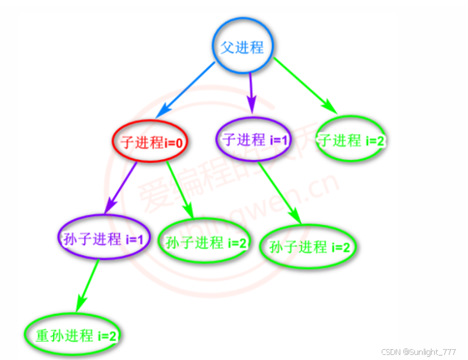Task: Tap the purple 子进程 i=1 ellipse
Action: pos(253,139)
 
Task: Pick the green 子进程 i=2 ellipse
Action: pos(350,139)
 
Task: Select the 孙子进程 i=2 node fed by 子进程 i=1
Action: pos(309,246)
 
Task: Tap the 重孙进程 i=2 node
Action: pos(72,334)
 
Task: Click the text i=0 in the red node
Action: pos(175,143)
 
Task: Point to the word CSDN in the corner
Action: pos(390,352)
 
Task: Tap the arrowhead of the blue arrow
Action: pos(161,111)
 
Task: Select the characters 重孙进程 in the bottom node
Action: pos(58,334)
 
